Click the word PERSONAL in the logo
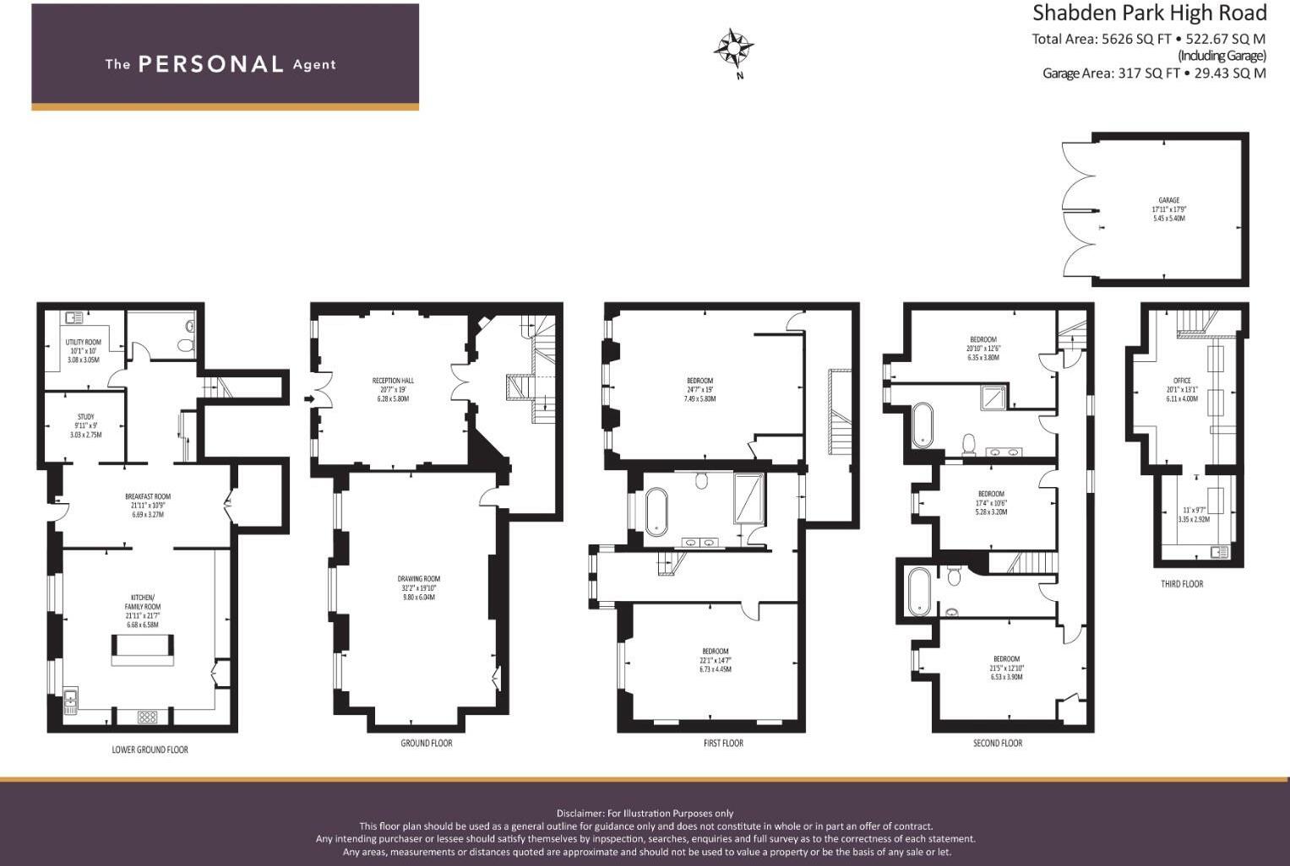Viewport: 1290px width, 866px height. click(210, 64)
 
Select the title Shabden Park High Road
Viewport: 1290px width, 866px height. click(1150, 14)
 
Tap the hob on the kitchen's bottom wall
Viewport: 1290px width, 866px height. click(147, 717)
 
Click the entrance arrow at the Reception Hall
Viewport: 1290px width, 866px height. click(308, 398)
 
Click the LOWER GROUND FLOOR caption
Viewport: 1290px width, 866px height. click(150, 750)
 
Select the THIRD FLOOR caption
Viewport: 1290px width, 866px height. click(1181, 583)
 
